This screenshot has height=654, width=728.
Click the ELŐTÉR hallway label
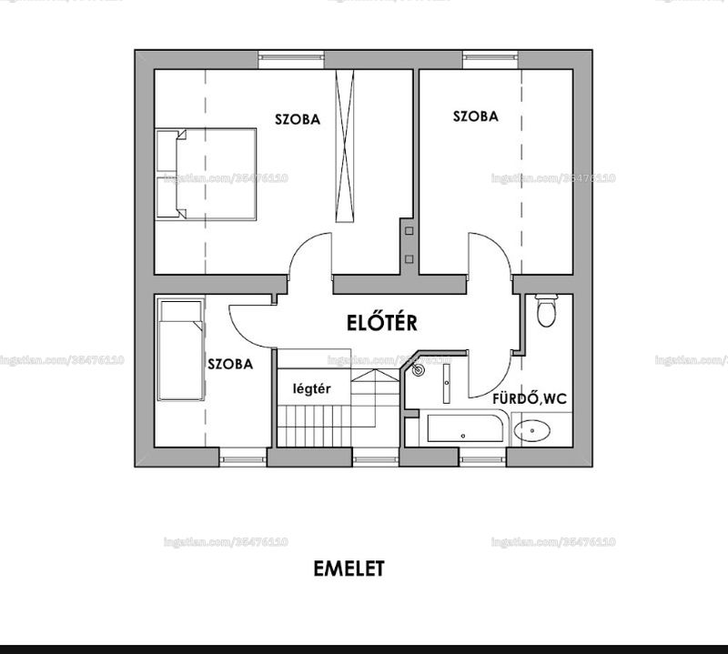(381, 322)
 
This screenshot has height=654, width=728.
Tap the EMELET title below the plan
(349, 568)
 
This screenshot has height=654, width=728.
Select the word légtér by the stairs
(311, 388)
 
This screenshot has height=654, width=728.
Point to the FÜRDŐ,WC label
(530, 398)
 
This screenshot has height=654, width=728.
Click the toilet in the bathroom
(545, 310)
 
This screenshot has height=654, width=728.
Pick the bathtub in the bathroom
(465, 428)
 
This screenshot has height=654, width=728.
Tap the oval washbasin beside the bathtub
(532, 430)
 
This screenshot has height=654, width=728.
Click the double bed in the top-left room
(207, 174)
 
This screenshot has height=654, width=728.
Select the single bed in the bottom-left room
(180, 349)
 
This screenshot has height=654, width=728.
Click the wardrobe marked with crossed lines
(345, 146)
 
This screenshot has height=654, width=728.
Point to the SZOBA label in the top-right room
(475, 116)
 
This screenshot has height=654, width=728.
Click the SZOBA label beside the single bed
(230, 364)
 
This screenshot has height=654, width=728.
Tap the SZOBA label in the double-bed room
(298, 119)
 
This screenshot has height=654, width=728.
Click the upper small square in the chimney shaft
(409, 231)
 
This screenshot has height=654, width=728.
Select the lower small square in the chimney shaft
(409, 259)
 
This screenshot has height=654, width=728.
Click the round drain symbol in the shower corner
(419, 370)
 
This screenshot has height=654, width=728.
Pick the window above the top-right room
(490, 57)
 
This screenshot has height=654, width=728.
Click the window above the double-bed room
(291, 57)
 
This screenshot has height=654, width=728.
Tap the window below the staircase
(376, 459)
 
